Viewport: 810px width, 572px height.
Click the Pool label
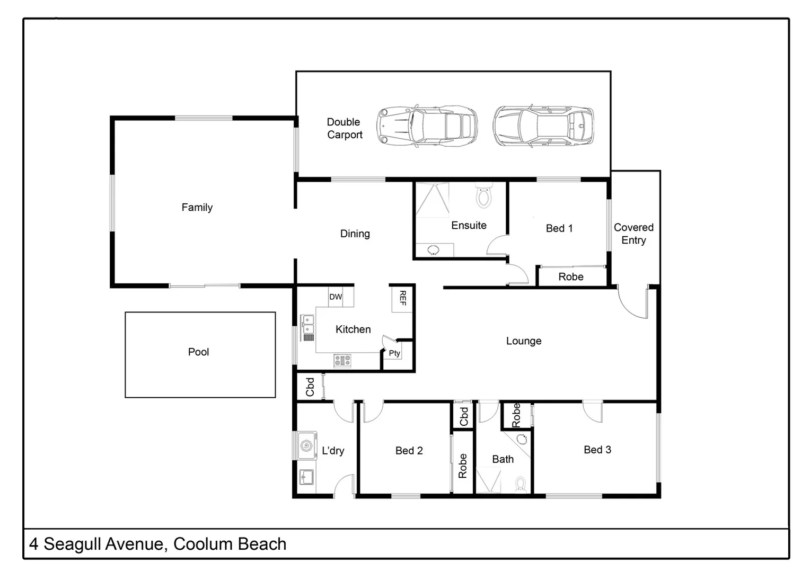198,352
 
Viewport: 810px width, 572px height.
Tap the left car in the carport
427,126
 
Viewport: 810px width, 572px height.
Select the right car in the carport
543,126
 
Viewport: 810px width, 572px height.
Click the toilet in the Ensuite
483,195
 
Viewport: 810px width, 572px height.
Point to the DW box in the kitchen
336,297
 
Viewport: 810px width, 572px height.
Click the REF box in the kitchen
402,299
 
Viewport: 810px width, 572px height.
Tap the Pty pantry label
394,353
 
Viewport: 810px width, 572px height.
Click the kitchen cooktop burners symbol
342,361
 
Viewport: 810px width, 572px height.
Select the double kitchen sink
308,328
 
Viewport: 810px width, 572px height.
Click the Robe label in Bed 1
571,276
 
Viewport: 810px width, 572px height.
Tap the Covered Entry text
633,234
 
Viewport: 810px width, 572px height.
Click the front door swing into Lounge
633,303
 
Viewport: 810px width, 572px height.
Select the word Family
197,207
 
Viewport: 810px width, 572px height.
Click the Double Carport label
344,128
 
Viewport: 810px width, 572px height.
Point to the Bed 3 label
597,450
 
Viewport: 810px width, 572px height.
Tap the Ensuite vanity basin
434,250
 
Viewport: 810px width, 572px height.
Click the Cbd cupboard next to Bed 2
463,416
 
